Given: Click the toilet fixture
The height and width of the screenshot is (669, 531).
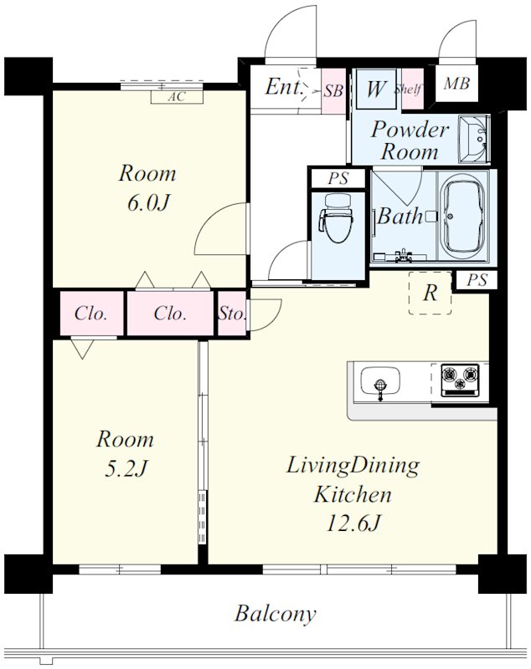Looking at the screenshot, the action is point(336,217).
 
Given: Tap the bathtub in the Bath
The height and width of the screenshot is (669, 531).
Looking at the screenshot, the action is point(463,216).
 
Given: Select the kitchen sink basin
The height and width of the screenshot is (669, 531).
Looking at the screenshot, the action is point(380,382).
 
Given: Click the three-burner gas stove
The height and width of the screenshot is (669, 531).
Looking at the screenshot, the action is point(460,380).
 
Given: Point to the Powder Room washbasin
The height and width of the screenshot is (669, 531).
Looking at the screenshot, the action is point(474,139).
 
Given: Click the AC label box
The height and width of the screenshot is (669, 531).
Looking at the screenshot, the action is point(177,97).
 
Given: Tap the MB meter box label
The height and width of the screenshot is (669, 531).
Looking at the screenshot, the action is point(456,83).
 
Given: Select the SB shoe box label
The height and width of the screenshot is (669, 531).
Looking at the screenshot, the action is point(333,90).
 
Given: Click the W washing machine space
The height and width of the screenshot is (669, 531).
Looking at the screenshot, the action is point(376,89).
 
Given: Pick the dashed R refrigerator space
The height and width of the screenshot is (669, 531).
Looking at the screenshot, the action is point(430,294).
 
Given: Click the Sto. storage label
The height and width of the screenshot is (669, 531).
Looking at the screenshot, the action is point(232,314).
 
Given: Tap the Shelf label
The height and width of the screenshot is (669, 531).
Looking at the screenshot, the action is point(408,89).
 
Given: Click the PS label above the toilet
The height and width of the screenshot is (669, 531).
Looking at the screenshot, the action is point(338,178).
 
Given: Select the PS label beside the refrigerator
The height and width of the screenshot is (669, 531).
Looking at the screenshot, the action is point(477,280).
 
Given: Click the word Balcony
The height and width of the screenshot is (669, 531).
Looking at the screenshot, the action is point(276,615).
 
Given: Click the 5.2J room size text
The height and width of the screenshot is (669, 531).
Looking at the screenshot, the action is point(126,468).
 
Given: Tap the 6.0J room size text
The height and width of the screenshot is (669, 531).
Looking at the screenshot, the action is point(147,202).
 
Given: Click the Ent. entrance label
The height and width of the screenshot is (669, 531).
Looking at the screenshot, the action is point(285,87).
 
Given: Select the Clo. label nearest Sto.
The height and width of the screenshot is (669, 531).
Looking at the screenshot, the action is point(170,314).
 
